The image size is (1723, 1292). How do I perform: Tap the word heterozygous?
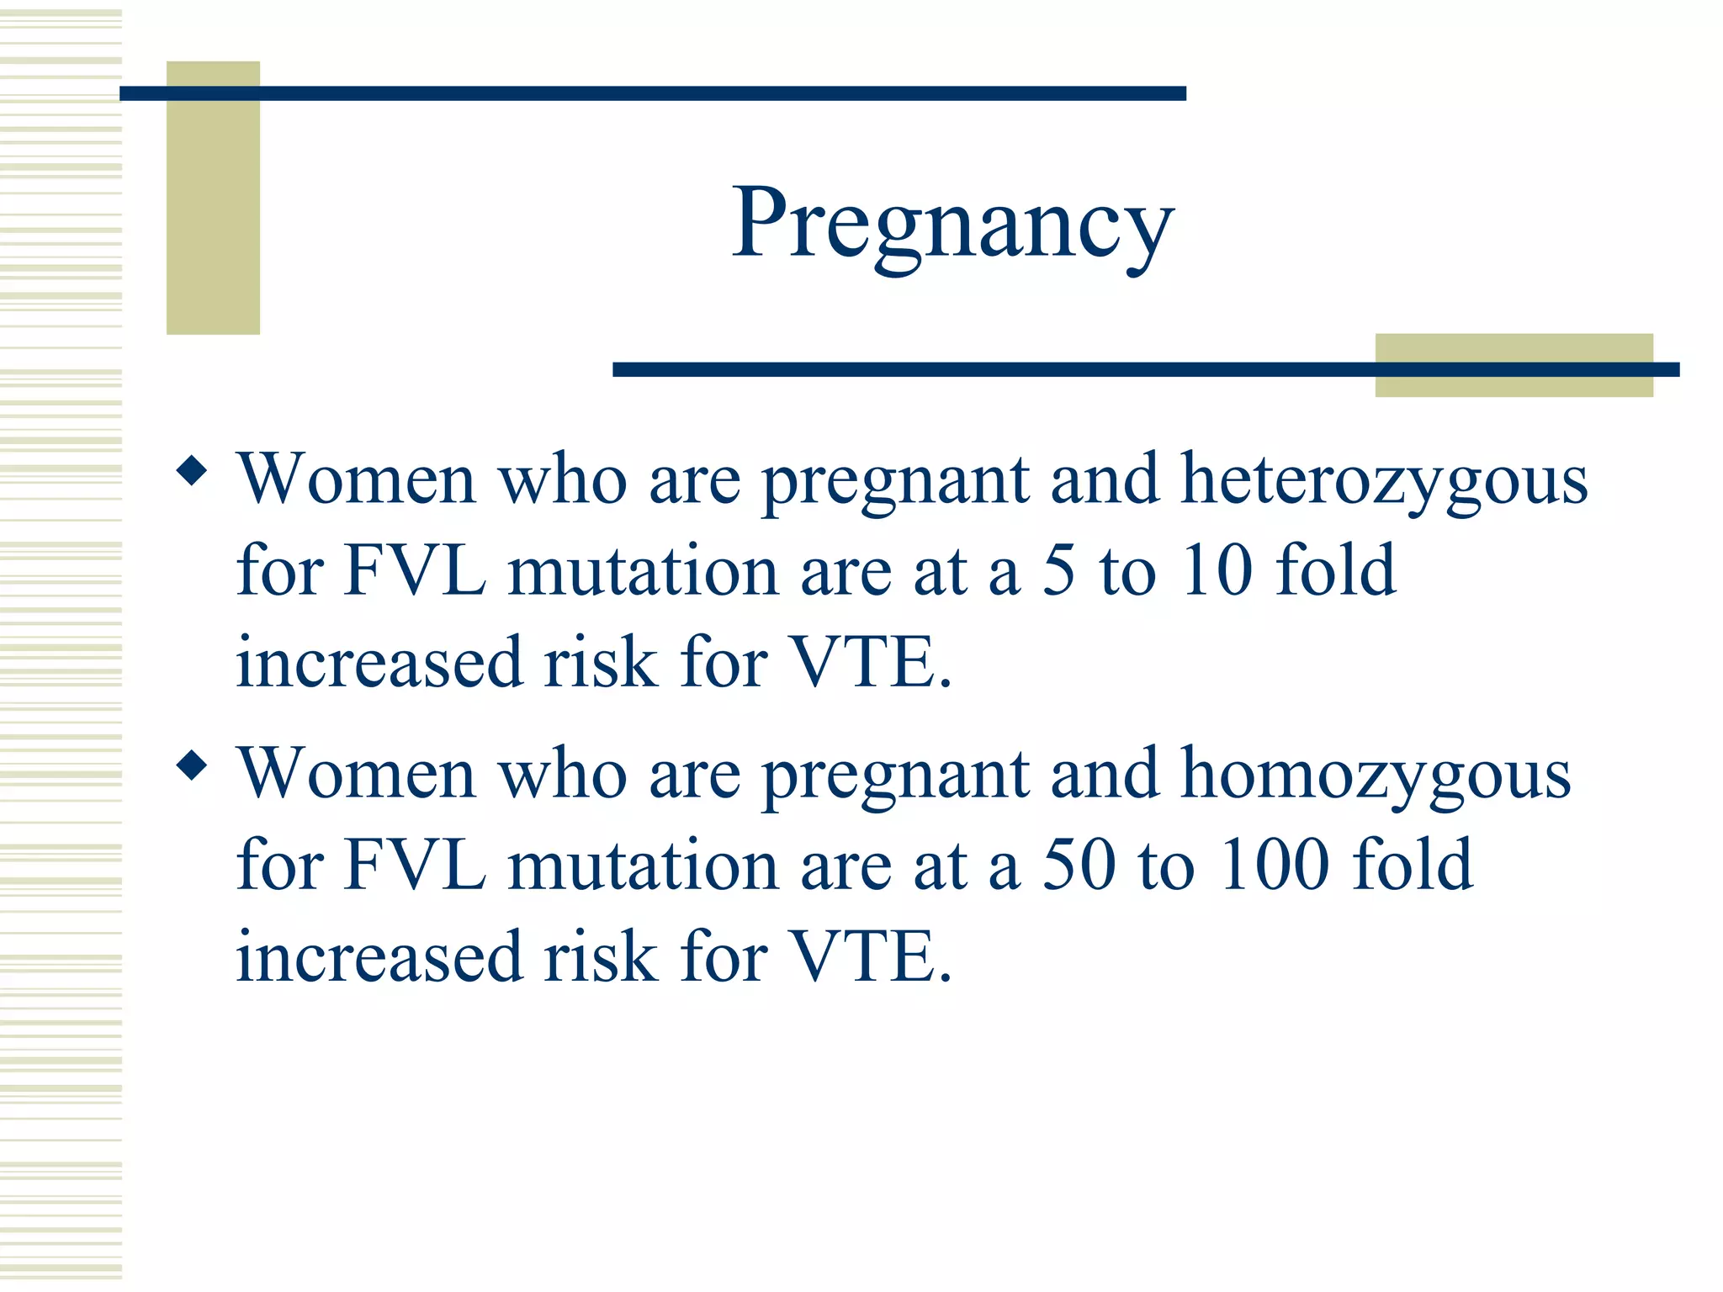tap(1384, 481)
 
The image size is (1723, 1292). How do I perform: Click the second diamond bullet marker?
tap(193, 765)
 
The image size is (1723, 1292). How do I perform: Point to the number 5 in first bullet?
tap(1058, 570)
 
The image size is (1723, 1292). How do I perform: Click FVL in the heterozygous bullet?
tap(415, 570)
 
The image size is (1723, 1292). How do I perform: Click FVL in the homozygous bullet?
tap(415, 865)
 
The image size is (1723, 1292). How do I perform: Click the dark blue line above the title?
tap(652, 93)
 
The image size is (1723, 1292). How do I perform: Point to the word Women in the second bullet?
tap(357, 774)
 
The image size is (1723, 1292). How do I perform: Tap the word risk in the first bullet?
tap(601, 663)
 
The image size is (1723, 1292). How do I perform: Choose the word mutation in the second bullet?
tap(643, 865)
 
